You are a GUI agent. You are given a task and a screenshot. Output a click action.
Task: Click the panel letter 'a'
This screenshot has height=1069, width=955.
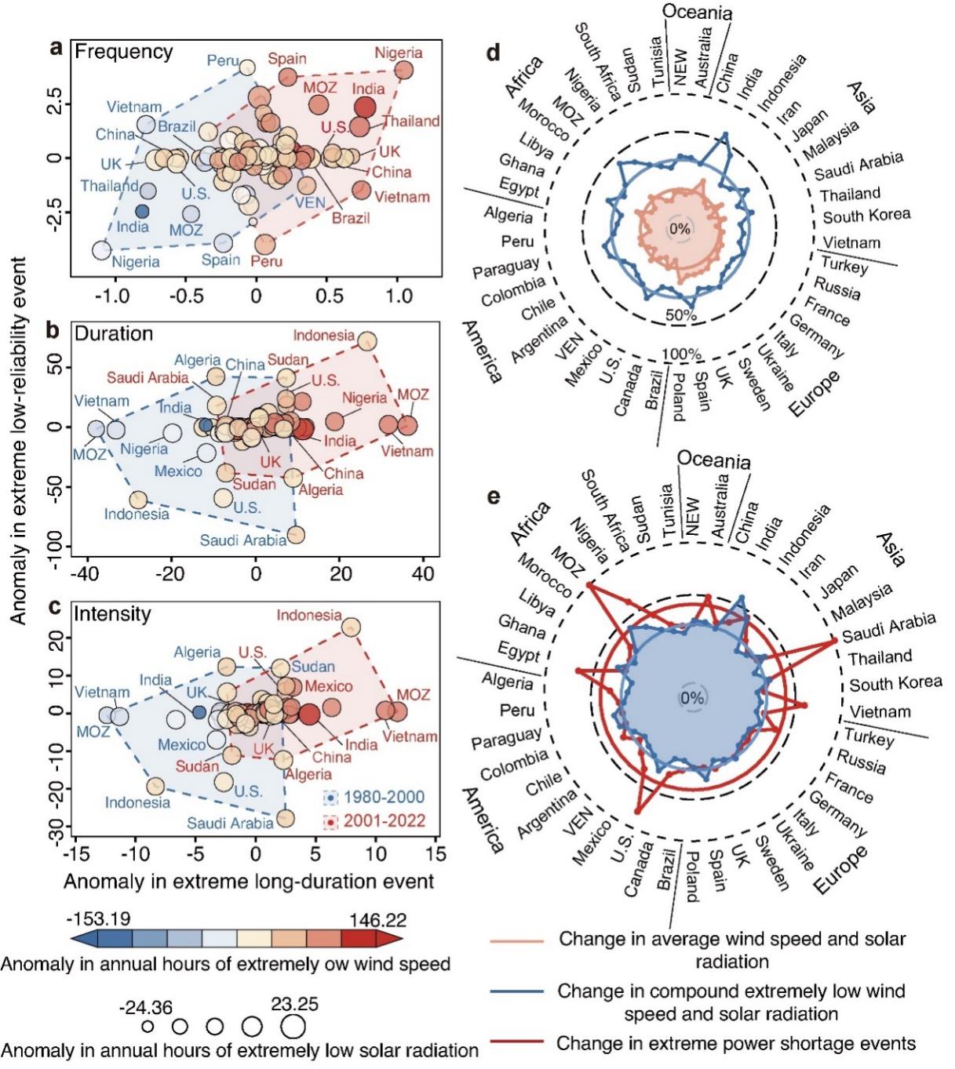[56, 49]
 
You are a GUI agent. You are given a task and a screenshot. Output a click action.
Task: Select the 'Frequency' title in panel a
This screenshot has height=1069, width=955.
[123, 52]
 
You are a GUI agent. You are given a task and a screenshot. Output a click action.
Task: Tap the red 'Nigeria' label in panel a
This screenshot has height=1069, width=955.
[398, 53]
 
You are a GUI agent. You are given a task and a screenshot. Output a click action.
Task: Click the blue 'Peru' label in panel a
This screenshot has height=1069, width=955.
[223, 60]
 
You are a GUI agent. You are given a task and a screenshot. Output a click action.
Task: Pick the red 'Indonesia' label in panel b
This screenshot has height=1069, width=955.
[323, 336]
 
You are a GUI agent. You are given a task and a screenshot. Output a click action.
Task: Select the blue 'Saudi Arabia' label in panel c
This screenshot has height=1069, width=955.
[230, 823]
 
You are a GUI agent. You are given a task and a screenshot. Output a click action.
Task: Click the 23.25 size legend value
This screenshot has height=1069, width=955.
[294, 1005]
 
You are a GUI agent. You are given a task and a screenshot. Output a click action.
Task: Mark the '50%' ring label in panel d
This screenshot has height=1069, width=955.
[680, 315]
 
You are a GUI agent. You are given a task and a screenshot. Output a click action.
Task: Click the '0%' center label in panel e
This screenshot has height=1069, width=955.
[693, 698]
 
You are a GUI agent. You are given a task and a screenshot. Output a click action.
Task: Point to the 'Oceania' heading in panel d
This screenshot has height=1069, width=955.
[697, 12]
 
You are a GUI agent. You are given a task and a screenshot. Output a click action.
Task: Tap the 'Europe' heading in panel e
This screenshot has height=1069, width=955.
[842, 871]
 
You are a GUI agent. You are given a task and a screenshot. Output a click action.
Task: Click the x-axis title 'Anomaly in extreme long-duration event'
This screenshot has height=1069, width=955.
[249, 882]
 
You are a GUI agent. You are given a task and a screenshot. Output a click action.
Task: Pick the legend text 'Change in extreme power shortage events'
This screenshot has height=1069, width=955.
[735, 1044]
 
